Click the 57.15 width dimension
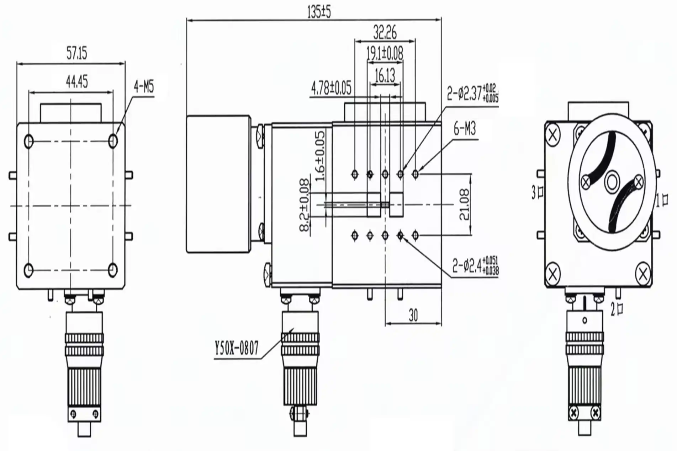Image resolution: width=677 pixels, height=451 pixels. [76, 54]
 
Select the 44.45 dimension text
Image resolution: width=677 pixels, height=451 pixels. [76, 82]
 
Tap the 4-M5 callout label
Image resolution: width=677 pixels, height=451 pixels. [144, 87]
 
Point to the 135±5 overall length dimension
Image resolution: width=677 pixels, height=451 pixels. [319, 12]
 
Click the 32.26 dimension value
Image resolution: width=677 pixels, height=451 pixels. [385, 33]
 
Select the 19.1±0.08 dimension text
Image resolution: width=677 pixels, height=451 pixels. [385, 54]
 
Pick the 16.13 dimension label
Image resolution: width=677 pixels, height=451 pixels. [385, 76]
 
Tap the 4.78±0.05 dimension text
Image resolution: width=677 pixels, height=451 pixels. [331, 88]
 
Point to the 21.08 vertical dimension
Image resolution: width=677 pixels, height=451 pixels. [465, 204]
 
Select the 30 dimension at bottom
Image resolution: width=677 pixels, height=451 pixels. [413, 315]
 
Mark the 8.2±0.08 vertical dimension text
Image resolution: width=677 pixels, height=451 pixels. [305, 205]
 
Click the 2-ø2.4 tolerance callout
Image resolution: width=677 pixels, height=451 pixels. [475, 265]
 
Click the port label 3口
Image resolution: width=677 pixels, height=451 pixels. [537, 193]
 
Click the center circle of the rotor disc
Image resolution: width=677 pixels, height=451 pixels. [612, 183]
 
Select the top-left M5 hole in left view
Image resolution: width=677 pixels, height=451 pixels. [29, 141]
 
